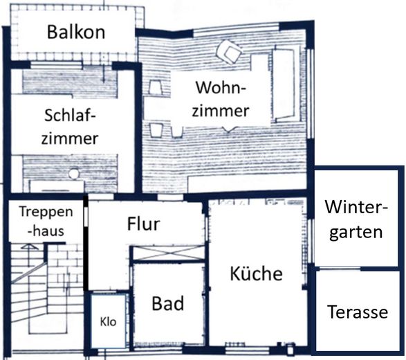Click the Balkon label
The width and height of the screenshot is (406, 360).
pos(75,32)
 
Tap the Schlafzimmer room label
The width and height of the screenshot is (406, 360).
pos(70,127)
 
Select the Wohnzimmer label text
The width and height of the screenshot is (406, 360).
pos(222,99)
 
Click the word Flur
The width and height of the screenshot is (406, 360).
pos(143,224)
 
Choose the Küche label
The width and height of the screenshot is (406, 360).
pos(256,273)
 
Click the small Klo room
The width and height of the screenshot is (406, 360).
pos(108,322)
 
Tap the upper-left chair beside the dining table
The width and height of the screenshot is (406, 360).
pos(156,88)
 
